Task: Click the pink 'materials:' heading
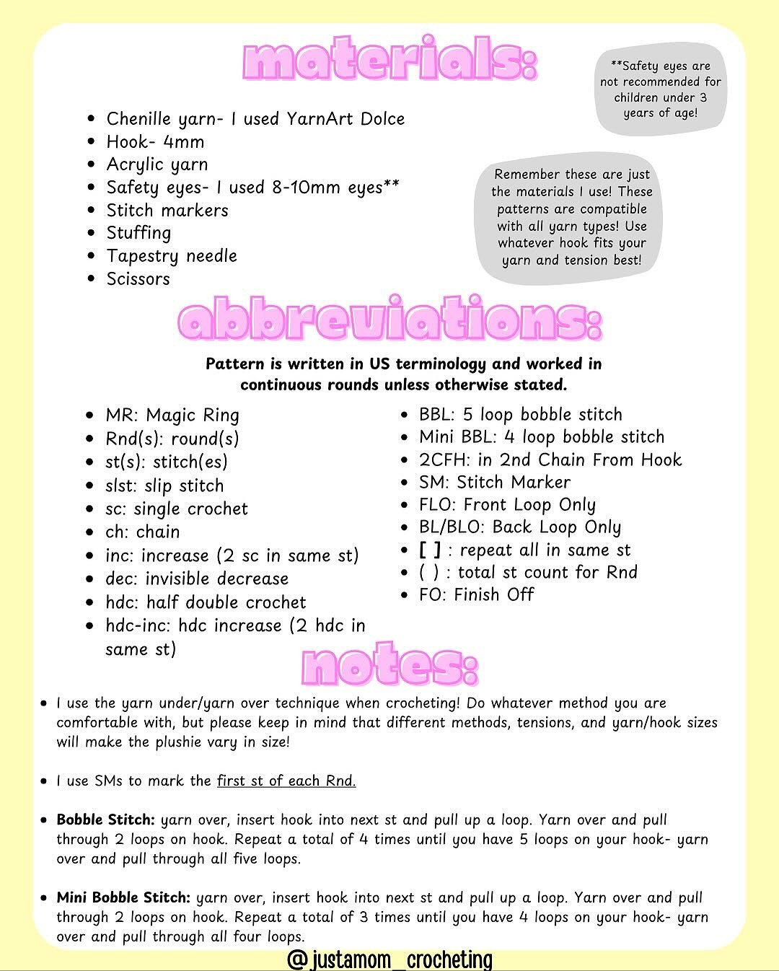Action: [390, 61]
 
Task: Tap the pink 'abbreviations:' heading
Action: [389, 319]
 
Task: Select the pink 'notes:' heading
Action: [389, 664]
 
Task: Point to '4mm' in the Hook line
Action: [183, 142]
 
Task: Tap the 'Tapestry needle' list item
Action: [172, 256]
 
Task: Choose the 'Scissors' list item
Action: [138, 279]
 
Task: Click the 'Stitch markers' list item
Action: [167, 211]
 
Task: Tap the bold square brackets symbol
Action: [430, 550]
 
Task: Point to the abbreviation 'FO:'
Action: [433, 595]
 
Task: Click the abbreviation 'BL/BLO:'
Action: [452, 527]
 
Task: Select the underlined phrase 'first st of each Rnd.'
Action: [286, 781]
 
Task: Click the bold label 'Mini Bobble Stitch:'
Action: [123, 898]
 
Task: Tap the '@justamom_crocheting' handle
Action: [389, 959]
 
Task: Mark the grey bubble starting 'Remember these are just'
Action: [572, 217]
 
